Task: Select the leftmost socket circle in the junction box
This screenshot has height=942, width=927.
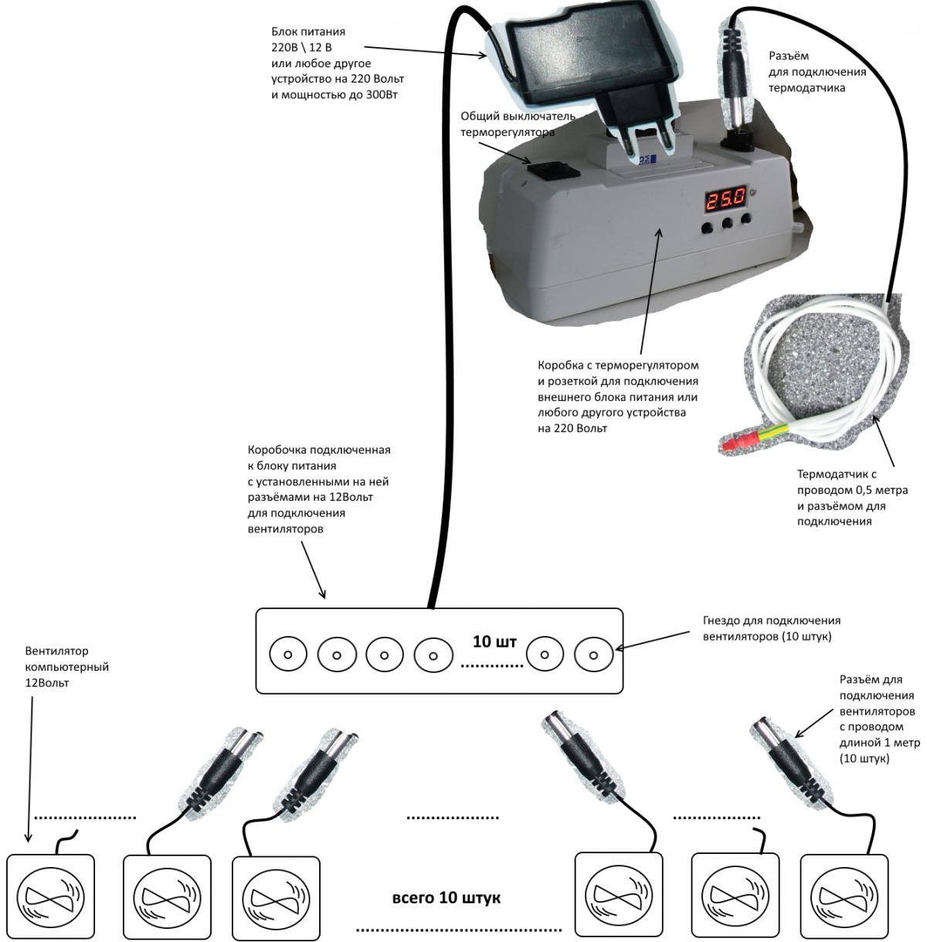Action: [x=288, y=655]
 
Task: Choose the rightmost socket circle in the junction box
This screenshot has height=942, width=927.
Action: [x=593, y=655]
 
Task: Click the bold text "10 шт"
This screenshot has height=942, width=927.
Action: [x=494, y=641]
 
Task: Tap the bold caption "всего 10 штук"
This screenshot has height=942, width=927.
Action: [x=447, y=898]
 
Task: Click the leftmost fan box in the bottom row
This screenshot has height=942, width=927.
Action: [x=50, y=897]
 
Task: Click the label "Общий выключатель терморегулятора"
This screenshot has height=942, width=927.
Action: [x=518, y=124]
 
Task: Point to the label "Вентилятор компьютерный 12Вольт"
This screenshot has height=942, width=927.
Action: [x=66, y=667]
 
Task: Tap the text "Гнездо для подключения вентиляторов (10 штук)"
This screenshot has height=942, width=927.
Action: [x=771, y=628]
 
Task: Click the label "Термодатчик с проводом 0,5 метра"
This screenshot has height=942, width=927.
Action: [x=852, y=498]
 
